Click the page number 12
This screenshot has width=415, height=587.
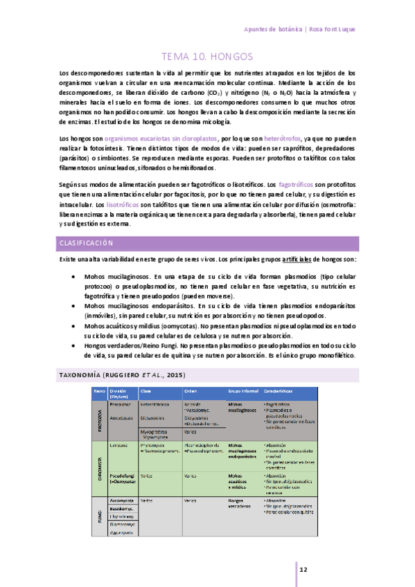303,569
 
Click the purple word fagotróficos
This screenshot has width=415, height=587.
298,186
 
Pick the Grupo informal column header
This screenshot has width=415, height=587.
242,392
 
